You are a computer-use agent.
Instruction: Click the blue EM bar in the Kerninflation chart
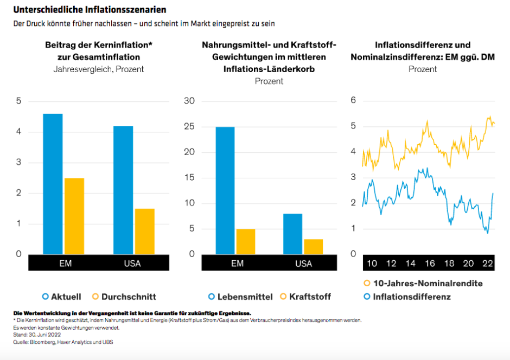tap(53, 184)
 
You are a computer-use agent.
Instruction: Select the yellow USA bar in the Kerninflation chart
tap(145, 232)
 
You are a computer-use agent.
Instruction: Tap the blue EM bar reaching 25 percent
tap(225, 190)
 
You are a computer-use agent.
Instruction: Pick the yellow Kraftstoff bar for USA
tap(313, 246)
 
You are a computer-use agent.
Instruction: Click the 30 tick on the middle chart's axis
tap(189, 101)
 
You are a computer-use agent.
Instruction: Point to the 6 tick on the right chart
tap(353, 100)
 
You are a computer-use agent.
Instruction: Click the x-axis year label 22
tap(488, 263)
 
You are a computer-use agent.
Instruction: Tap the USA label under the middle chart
tap(304, 263)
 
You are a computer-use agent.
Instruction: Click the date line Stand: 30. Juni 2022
tap(35, 335)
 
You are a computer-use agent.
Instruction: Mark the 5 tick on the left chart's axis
tap(18, 101)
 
